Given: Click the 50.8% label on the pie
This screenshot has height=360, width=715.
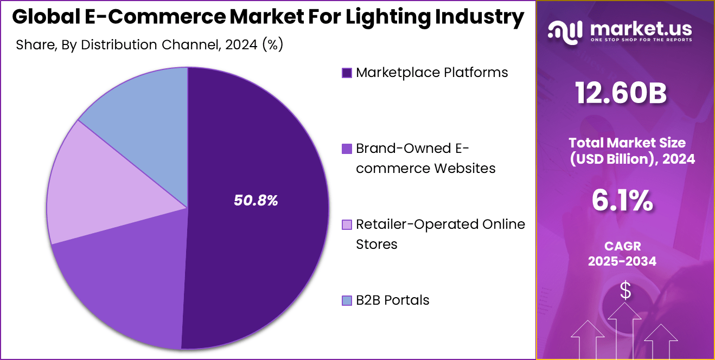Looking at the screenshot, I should [256, 201].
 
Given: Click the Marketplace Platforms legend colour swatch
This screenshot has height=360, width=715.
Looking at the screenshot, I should [347, 73].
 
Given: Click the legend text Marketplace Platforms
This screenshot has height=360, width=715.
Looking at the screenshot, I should [432, 73].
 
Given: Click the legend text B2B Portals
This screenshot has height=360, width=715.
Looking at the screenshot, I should [392, 300].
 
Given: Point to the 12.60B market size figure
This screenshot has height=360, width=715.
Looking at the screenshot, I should [622, 93].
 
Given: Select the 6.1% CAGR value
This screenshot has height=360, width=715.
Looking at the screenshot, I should [622, 201].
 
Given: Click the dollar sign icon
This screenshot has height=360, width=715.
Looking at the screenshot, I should [625, 291].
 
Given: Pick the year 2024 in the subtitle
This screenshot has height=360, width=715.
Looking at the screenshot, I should [241, 44].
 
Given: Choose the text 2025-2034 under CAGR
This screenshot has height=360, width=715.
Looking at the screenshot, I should [622, 261].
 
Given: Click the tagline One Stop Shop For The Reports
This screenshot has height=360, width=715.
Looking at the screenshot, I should [641, 40].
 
